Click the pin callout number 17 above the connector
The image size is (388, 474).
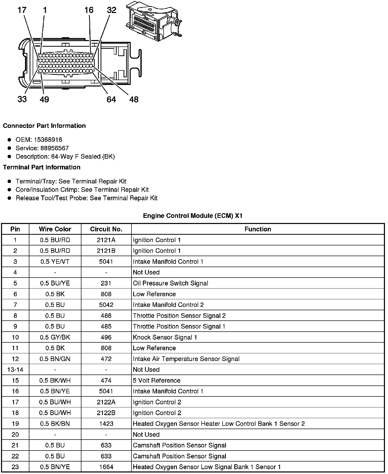pos(22,10)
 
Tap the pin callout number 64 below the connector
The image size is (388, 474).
pos(111,99)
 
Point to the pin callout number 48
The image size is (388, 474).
pos(134,99)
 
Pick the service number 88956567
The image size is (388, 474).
pos(54,148)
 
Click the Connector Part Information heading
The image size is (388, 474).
pos(44,126)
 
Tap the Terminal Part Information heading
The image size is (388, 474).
pos(42,167)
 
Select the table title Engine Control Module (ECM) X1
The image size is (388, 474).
pos(192,216)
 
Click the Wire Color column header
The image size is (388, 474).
pos(55,229)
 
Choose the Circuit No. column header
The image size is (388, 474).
pos(106,229)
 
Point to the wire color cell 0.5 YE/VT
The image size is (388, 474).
pos(55,261)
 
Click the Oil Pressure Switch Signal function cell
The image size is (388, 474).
pos(170,283)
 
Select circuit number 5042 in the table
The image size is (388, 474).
pos(106,305)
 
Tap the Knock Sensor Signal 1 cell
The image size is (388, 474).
pos(165,337)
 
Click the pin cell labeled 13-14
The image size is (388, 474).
pos(15,370)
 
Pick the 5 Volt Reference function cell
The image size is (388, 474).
pos(156,380)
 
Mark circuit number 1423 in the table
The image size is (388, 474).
pos(106,424)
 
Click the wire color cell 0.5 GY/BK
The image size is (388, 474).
pos(55,337)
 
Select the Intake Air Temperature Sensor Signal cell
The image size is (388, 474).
pos(186,359)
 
